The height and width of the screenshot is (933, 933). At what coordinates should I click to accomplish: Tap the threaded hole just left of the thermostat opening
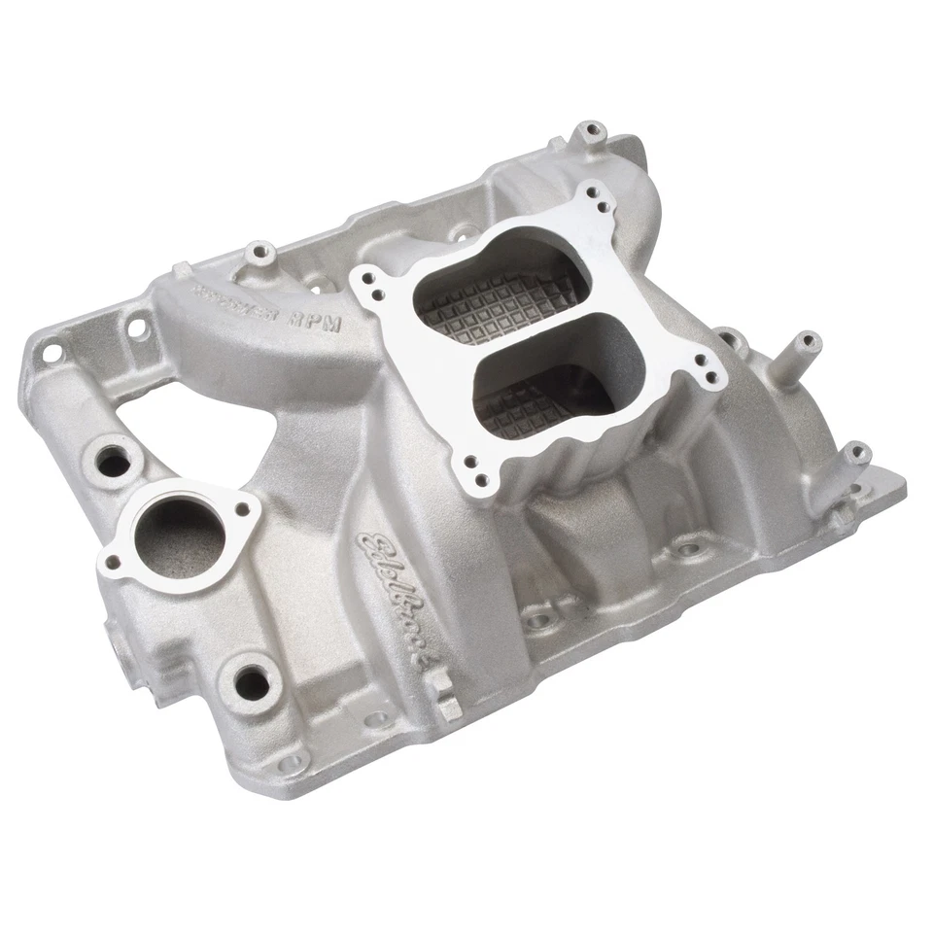click(x=115, y=461)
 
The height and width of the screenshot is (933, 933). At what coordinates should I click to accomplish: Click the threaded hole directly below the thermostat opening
click(x=253, y=680)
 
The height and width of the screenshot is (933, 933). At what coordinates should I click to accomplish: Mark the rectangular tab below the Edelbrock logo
click(x=444, y=698)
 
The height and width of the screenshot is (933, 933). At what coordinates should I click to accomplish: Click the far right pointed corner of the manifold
click(x=902, y=483)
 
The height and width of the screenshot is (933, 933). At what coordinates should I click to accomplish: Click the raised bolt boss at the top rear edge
click(x=589, y=131)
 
